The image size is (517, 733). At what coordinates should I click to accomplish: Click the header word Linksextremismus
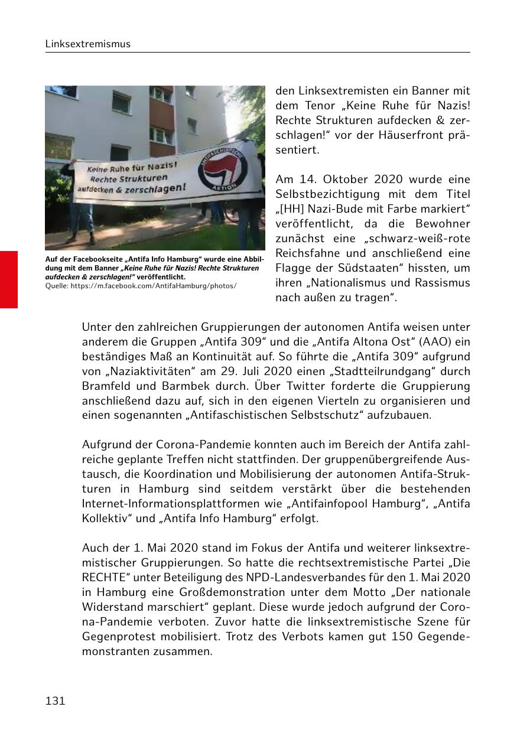coord(88,44)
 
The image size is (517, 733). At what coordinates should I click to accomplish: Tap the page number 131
coord(55,701)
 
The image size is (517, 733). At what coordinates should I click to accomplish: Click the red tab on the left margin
coord(9,279)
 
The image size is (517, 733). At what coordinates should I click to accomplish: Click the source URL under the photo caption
coord(141,285)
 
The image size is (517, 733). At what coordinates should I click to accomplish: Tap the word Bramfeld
coord(108,386)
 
